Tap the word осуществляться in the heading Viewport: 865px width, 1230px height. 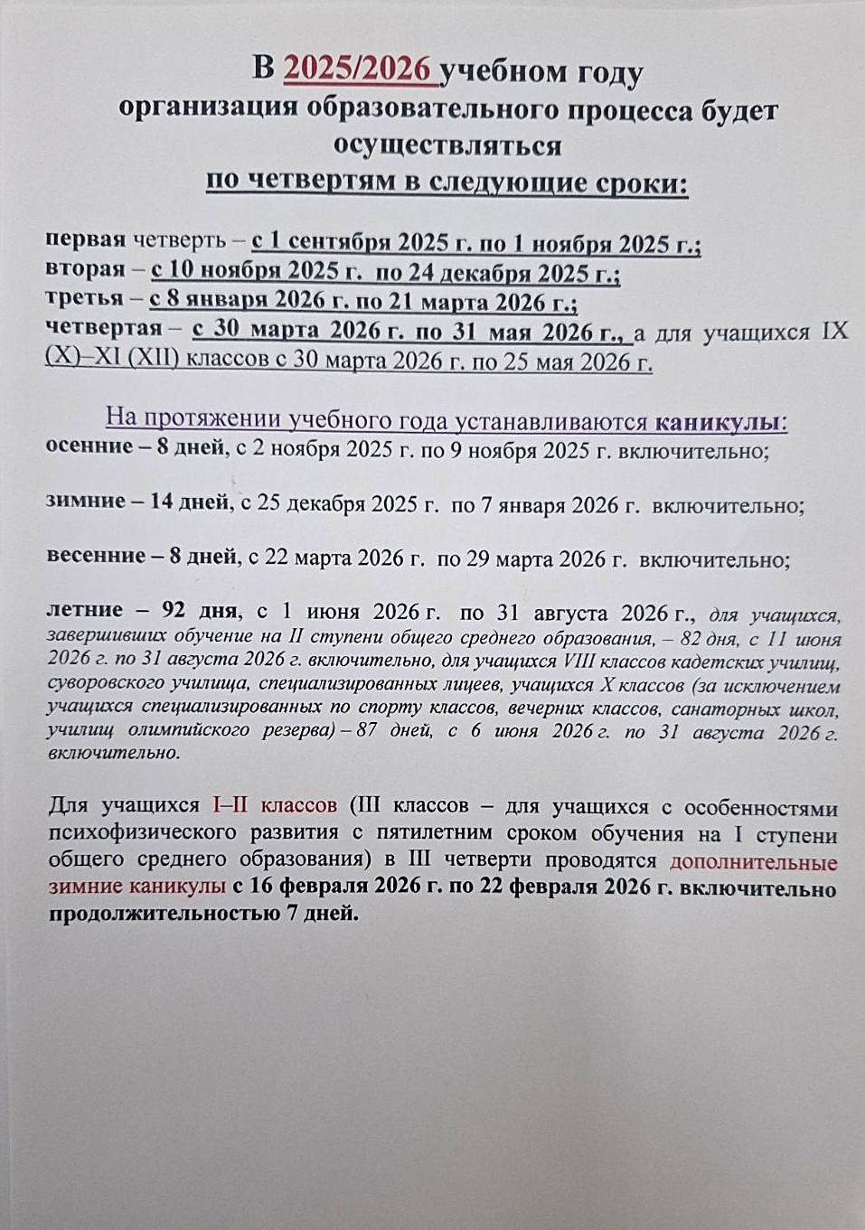pos(447,146)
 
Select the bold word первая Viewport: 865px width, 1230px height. pos(85,241)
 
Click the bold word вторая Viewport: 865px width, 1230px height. pos(85,270)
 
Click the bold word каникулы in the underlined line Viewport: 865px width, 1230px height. pos(718,422)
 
